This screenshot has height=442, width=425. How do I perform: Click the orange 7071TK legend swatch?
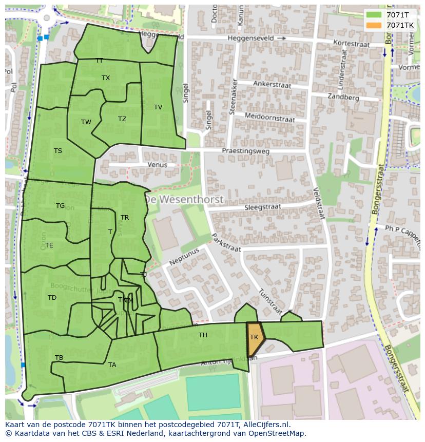[x=374, y=25]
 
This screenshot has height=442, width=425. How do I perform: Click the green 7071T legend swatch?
[x=374, y=15]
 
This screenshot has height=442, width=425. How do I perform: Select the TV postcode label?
[x=158, y=107]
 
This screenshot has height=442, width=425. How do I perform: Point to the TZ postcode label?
[x=122, y=119]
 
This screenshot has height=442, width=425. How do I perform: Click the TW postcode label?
[x=86, y=122]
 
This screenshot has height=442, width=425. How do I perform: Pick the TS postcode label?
[x=57, y=151]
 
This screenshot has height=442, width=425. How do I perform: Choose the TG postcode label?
[x=60, y=206]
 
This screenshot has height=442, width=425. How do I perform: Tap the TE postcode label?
[x=49, y=245]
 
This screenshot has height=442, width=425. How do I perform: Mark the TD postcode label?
[x=52, y=298]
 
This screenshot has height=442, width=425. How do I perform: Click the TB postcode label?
[x=59, y=358]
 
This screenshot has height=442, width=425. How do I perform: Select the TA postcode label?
[x=112, y=365]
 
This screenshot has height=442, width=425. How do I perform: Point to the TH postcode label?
[x=203, y=335]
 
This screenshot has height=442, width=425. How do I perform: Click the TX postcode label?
[x=106, y=78]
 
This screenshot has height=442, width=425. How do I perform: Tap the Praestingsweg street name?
[x=245, y=151]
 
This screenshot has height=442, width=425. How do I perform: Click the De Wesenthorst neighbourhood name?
[x=183, y=199]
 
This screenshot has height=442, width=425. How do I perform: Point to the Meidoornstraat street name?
[x=269, y=118]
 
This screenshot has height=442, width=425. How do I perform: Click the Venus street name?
[x=157, y=165]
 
